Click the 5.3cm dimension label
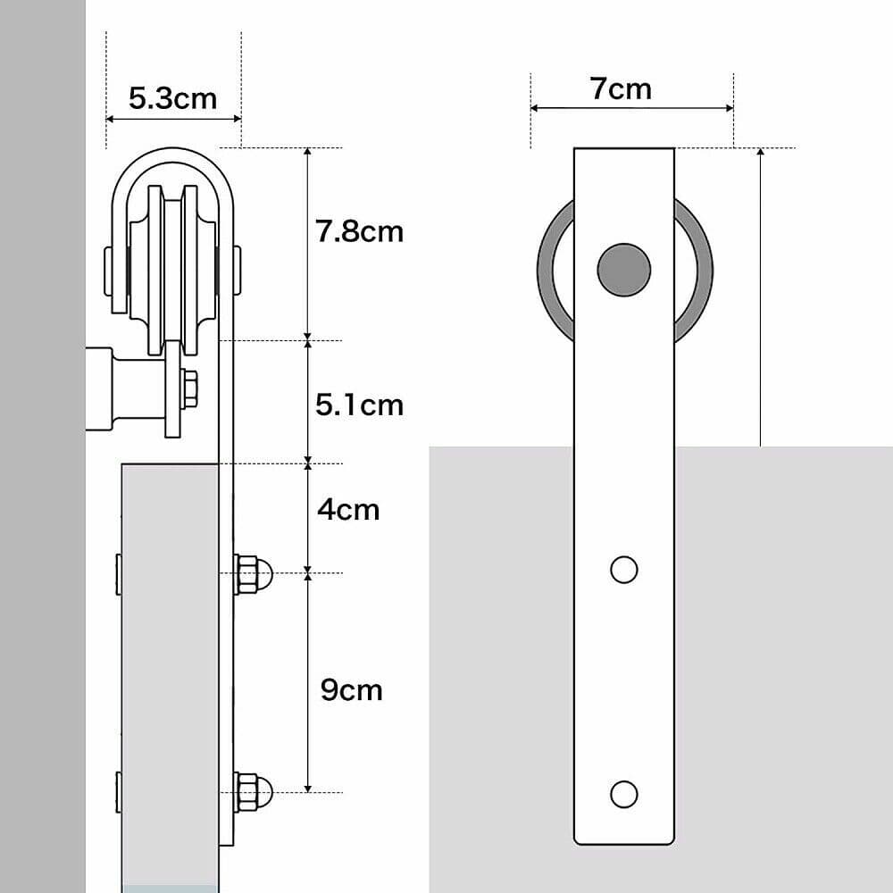point(172,97)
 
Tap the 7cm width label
point(621,88)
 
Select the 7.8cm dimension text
point(359,231)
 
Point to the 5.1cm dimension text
point(359,405)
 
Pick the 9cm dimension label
point(350,689)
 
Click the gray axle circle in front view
point(623,269)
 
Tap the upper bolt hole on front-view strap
point(623,569)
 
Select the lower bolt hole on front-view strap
point(623,793)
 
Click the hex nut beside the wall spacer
point(188,388)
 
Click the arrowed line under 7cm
point(632,108)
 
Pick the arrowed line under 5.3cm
point(173,118)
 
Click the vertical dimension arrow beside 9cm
point(308,683)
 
